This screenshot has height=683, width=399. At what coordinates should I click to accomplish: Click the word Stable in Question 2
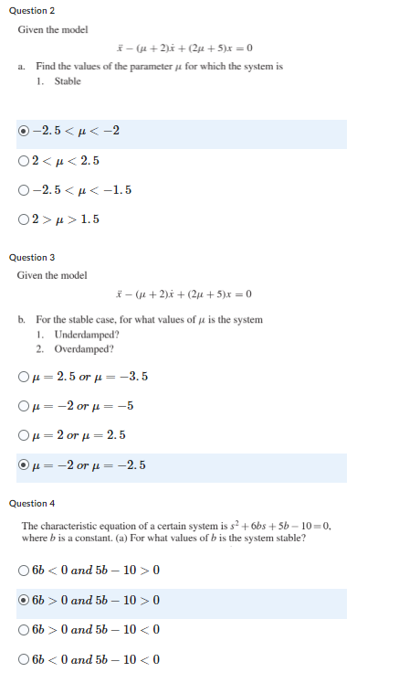point(68,81)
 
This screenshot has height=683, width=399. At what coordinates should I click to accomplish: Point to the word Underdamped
point(84,334)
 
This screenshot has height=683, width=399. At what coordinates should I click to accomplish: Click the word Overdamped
point(83,348)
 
